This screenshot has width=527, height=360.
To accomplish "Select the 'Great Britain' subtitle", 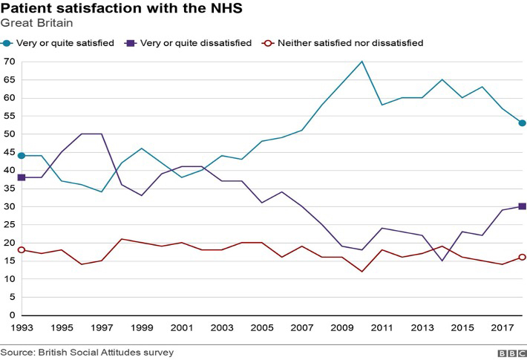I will [x=36, y=24].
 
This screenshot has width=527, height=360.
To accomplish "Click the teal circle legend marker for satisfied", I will [x=7, y=43].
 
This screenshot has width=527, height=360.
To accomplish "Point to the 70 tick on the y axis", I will [x=10, y=62].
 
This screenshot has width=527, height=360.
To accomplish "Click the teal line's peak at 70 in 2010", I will [x=361, y=62].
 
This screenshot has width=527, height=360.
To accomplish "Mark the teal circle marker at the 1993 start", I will [x=22, y=156].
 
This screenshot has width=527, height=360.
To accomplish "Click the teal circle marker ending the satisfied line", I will [x=522, y=123].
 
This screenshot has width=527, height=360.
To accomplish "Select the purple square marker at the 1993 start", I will [x=22, y=177].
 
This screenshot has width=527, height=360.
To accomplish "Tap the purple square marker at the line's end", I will [x=522, y=206].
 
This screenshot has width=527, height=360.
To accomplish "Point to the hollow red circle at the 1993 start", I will [x=22, y=250].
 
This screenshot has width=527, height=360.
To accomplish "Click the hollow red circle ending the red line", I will [x=522, y=257].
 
